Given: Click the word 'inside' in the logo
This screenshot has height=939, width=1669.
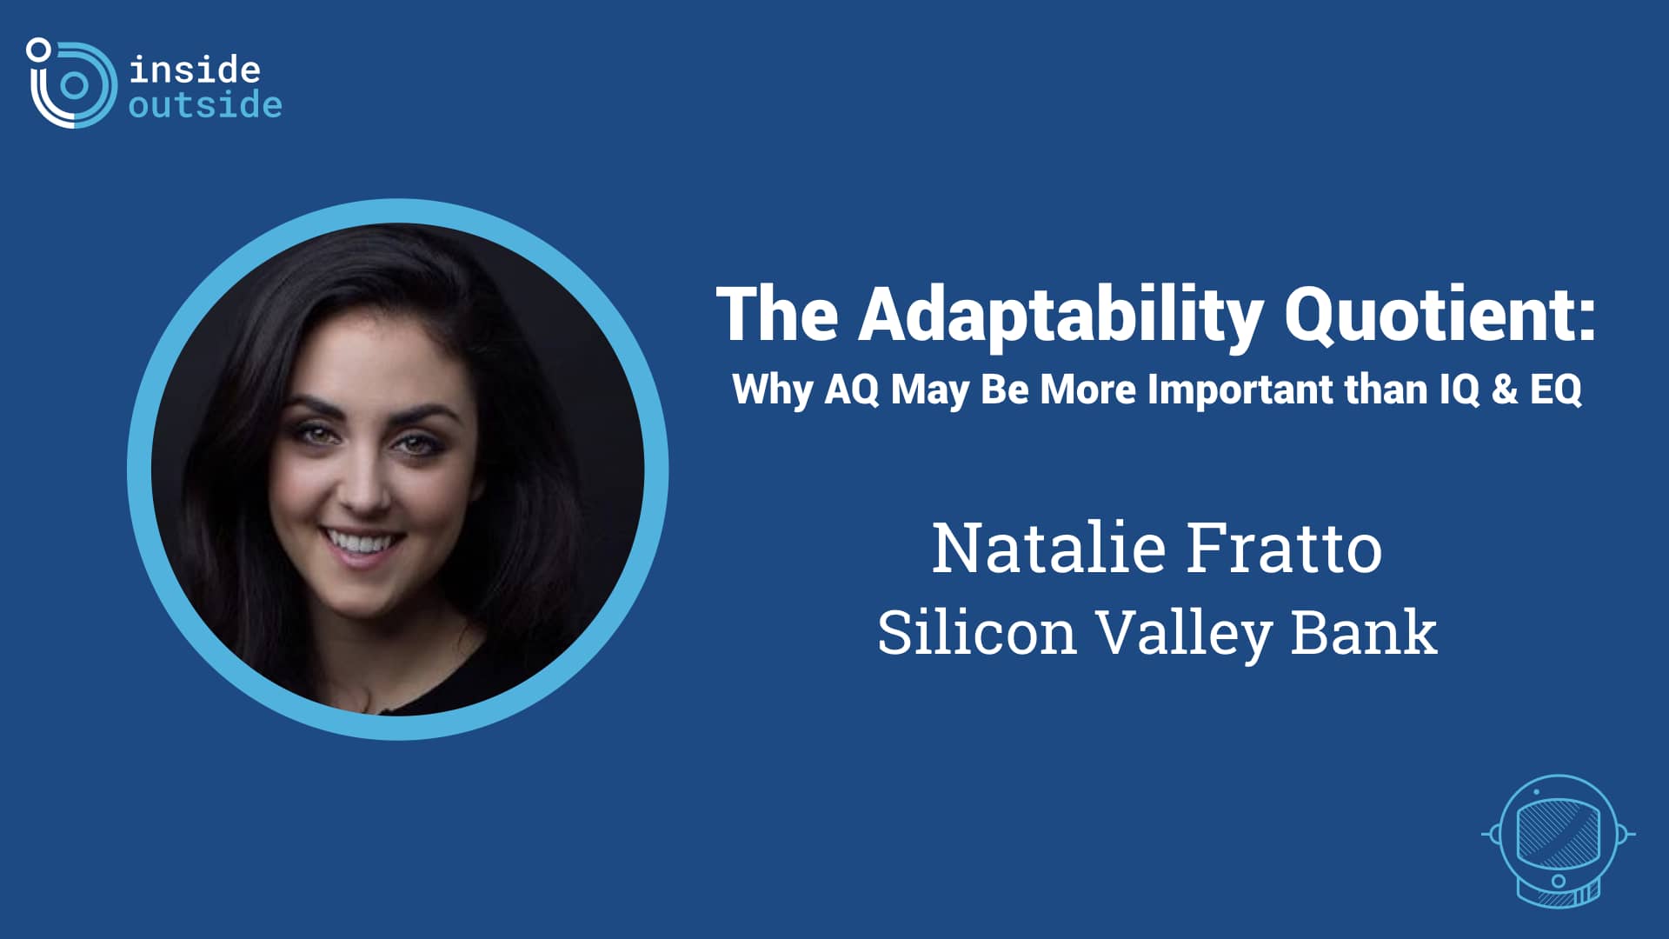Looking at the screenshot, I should (195, 70).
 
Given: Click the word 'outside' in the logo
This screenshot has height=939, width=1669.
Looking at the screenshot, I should (205, 105).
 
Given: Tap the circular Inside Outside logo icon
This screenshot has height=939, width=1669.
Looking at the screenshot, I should (72, 83).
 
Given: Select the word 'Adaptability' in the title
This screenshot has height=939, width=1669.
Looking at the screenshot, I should (1061, 316).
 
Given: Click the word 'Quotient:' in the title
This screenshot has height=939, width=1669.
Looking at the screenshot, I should (1440, 314).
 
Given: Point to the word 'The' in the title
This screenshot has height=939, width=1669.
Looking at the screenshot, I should (777, 314).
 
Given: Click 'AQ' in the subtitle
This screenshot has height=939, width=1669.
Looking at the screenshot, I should (852, 389).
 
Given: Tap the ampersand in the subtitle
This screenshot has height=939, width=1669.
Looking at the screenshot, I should (1505, 389).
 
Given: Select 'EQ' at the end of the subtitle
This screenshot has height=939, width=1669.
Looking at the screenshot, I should (1556, 389).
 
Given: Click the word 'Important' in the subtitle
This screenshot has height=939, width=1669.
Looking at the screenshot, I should (1240, 389).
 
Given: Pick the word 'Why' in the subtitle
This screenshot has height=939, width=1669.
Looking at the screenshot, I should (773, 390).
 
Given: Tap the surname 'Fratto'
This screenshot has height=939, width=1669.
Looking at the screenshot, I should (1285, 548).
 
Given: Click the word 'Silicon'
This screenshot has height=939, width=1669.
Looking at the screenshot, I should (977, 632).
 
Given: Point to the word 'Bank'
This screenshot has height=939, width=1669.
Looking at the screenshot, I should (1363, 632).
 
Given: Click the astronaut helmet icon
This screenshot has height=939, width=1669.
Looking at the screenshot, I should (1558, 840).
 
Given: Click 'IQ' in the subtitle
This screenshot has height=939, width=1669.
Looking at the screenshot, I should (1460, 389).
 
